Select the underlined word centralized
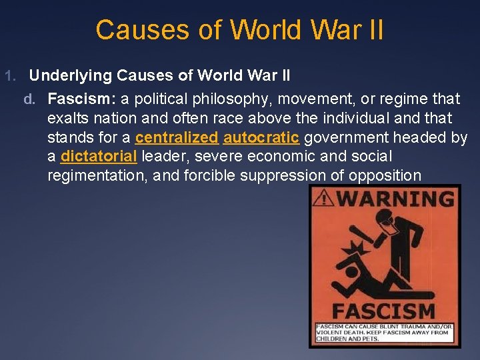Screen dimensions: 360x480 click(177, 138)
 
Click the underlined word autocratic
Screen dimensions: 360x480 click(261, 138)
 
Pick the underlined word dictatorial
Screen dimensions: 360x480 click(99, 157)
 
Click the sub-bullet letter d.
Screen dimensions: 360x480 click(29, 99)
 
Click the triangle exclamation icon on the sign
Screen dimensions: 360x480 click(325, 198)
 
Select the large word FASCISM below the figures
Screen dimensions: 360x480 click(385, 310)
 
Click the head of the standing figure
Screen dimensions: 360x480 click(385, 218)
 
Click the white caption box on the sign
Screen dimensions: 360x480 click(385, 331)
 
